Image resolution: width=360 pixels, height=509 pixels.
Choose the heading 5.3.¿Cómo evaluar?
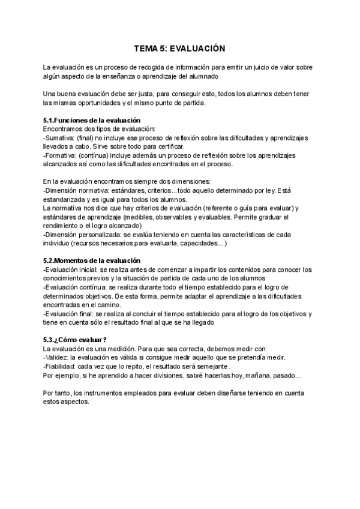coord(75,339)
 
